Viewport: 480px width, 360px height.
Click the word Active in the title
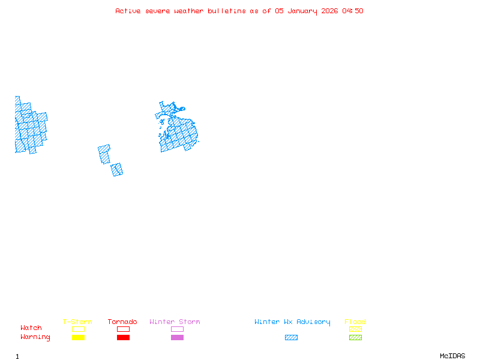pos(128,11)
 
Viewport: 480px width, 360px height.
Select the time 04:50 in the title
pos(353,11)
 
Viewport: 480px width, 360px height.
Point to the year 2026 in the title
pos(329,11)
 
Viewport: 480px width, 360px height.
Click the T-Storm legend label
pos(77,322)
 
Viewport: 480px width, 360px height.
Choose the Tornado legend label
pos(122,322)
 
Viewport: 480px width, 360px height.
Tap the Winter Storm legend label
pos(175,322)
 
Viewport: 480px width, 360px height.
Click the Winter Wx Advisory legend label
pos(292,322)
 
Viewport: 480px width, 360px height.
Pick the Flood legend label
pos(355,322)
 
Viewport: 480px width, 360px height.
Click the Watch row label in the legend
pos(31,328)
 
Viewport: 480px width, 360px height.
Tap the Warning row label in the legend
pos(35,337)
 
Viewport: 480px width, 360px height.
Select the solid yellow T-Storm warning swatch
pos(78,338)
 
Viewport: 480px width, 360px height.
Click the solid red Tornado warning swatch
pos(123,338)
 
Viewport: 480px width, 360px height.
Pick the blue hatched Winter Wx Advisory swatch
pos(291,338)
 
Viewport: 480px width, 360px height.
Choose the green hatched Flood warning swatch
pos(355,338)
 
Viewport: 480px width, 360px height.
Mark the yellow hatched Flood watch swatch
pos(355,329)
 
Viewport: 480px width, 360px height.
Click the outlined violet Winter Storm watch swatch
pos(177,329)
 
